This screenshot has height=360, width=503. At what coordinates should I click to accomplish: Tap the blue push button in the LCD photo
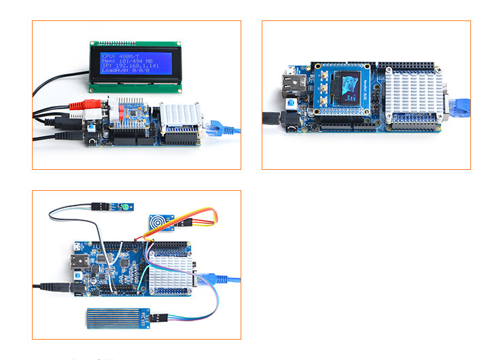[x=88, y=128]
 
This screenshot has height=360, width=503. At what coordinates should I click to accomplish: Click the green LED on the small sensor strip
[x=126, y=206]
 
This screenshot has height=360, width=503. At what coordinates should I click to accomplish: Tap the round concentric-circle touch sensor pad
[x=158, y=223]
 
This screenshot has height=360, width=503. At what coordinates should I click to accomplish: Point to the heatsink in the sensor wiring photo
[x=172, y=274]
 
